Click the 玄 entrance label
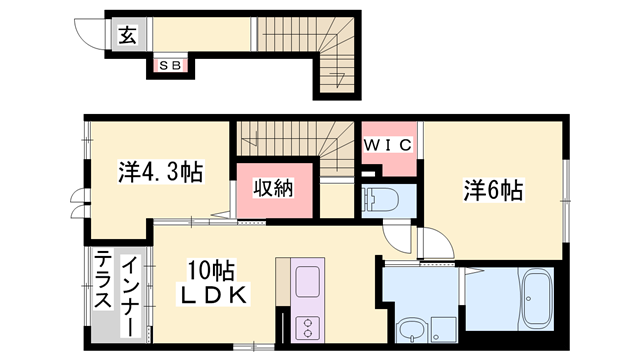click(128, 36)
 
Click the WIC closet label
click(387, 146)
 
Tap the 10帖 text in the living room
click(212, 270)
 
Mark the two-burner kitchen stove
click(308, 326)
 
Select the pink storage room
click(272, 193)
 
